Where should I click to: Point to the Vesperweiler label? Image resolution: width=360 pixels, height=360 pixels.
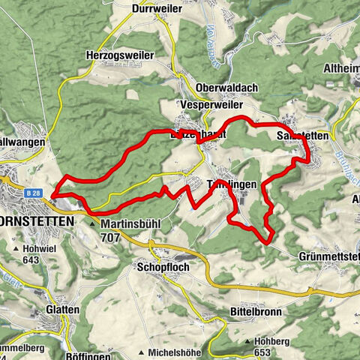click(x=209, y=105)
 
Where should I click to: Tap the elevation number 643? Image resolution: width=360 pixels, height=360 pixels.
click(x=31, y=261)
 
